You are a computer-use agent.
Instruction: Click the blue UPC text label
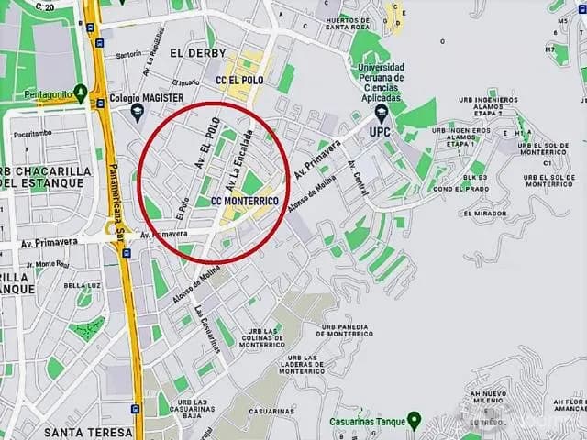tap(381, 132)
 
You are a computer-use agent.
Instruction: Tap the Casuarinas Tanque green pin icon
tap(414, 422)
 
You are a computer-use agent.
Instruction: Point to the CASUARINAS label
tap(270, 412)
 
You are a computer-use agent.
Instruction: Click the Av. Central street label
tap(359, 177)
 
